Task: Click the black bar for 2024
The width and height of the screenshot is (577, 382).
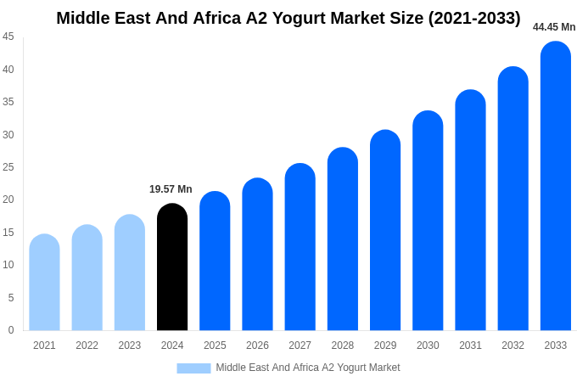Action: point(172,267)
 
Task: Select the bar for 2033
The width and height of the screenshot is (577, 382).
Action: point(556,187)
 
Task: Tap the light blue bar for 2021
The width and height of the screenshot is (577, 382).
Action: point(44,283)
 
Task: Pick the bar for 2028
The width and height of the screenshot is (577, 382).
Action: point(343,239)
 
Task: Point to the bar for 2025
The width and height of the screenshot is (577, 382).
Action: point(215,261)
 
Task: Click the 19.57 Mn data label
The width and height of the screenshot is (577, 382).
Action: point(171,189)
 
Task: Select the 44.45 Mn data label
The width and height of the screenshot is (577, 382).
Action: point(554,27)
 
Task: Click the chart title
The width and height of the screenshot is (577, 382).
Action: point(288,18)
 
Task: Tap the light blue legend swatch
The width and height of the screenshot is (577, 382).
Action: point(193,368)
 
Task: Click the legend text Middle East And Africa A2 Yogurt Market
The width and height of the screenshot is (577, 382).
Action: point(308,368)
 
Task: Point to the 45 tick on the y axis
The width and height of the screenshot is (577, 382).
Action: point(8,37)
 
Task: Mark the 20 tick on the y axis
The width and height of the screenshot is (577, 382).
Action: point(8,199)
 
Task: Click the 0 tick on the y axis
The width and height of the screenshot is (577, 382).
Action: point(11,330)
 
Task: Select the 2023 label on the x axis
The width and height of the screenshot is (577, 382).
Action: point(130,345)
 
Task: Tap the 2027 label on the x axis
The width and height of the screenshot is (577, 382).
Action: point(300,345)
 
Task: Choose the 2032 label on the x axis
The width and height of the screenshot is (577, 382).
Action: point(513,345)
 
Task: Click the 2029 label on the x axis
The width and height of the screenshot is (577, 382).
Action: point(385,345)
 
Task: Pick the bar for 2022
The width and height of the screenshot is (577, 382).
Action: point(87,278)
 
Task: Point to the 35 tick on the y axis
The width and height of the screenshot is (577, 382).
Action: point(8,102)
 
